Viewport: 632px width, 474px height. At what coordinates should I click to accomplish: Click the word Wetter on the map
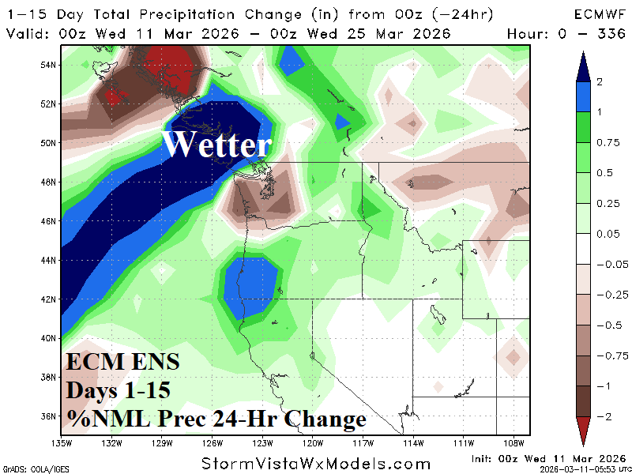coord(217,145)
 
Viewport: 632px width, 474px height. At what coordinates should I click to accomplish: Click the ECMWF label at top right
coord(600,14)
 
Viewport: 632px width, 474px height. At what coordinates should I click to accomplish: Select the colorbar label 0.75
coord(608,143)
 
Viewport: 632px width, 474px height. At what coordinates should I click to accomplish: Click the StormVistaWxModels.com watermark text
coord(316,464)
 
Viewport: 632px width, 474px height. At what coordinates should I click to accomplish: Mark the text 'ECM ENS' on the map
coord(122,363)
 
